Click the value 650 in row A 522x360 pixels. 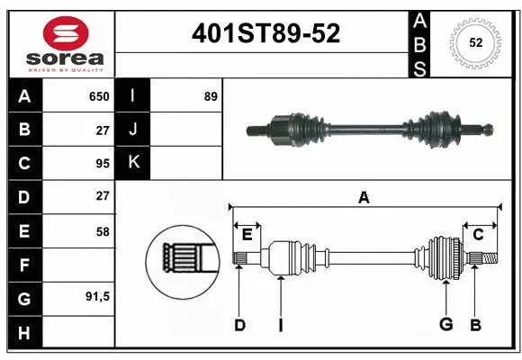(98, 96)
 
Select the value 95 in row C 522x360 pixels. (102, 163)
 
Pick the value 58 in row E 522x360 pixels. (102, 230)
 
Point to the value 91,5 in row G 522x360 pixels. (98, 297)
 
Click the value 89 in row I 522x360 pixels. (210, 96)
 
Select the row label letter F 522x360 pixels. (23, 265)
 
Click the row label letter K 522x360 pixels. (132, 163)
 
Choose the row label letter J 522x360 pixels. (132, 130)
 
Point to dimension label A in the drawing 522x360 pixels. (364, 198)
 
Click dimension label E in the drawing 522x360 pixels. (247, 235)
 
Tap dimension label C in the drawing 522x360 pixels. (478, 235)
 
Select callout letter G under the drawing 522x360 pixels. (445, 325)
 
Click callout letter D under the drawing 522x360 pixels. (239, 325)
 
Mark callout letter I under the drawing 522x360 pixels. (280, 325)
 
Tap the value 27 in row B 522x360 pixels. (102, 130)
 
